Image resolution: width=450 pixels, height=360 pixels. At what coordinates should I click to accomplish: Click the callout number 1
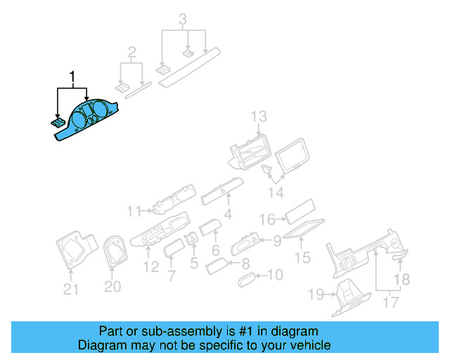[72, 77]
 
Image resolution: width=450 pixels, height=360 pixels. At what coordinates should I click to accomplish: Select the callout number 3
[183, 20]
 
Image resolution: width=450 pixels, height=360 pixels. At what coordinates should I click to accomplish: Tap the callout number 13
[259, 117]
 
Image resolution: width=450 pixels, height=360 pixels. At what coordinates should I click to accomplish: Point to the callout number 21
[70, 289]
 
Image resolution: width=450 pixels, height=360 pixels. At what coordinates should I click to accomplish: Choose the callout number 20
[112, 286]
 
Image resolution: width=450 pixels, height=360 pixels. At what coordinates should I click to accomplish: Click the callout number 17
[391, 302]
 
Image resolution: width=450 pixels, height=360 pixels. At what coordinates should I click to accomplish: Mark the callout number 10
[276, 275]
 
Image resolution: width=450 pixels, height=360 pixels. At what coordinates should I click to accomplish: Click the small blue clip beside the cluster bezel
[58, 122]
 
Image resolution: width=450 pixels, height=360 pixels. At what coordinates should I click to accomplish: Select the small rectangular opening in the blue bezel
[86, 109]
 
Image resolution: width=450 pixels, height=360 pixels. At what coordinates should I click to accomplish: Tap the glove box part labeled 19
[352, 297]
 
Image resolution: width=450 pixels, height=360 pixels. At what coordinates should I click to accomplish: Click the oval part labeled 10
[247, 279]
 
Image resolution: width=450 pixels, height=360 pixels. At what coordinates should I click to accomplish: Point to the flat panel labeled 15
[304, 229]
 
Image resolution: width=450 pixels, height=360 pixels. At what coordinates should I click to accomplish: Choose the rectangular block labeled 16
[300, 212]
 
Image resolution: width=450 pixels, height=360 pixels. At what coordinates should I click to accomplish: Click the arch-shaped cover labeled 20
[115, 251]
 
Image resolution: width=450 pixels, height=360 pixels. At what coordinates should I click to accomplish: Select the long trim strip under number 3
[189, 67]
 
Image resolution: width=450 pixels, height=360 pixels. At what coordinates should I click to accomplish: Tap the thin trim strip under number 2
[139, 91]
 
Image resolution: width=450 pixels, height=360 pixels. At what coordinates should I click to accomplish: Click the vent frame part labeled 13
[250, 152]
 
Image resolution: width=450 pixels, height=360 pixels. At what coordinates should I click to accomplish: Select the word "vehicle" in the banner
[308, 345]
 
